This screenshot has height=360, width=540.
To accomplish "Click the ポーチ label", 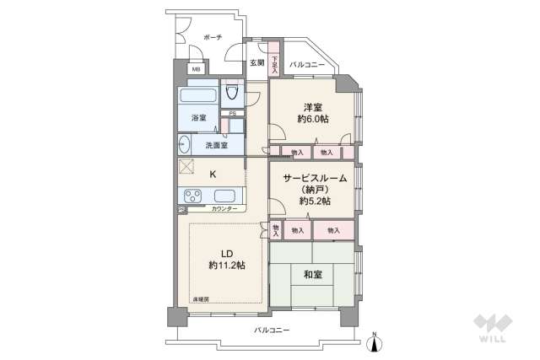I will tap(213, 36).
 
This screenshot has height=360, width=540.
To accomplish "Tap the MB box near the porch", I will tap(196, 70).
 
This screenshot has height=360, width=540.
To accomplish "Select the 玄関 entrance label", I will tap(256, 63).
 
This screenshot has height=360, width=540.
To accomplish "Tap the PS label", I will tap(232, 115).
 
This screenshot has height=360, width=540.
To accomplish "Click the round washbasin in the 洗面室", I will tap(184, 144).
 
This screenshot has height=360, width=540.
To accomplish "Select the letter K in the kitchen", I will tap(213, 175).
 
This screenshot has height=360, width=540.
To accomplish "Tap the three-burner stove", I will tap(191, 198).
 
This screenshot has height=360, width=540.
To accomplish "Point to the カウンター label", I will tap(224, 207).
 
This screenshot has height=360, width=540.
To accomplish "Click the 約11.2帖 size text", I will tap(227, 265).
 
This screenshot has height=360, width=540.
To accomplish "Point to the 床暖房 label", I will tap(202, 299).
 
